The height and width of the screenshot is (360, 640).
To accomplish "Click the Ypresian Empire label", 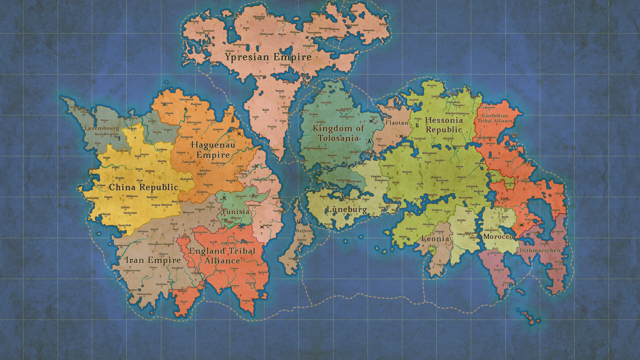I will [268, 57].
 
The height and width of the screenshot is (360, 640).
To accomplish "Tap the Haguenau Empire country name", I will [213, 150].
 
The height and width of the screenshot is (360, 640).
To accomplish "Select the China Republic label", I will [144, 187].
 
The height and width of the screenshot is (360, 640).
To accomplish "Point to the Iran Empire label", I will [153, 260].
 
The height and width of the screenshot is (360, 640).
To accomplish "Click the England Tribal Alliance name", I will [222, 256].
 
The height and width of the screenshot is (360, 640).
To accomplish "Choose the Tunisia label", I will [236, 212].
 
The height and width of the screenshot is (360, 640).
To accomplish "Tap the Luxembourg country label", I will [102, 128].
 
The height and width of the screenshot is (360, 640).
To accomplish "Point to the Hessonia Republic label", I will [444, 125].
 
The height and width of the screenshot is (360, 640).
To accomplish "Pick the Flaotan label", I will [397, 123].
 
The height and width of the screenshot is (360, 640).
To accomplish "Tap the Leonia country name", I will [435, 239].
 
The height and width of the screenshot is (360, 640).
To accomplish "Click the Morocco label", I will [498, 237].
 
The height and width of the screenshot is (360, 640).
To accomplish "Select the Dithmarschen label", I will [539, 250].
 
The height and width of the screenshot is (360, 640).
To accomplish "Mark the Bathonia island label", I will [303, 233].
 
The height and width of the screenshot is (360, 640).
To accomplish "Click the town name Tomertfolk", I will [125, 225].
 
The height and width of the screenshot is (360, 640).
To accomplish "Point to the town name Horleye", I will [246, 301].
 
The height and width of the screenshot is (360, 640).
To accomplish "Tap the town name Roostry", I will [432, 86].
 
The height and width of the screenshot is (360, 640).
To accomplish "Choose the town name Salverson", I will [369, 30].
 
